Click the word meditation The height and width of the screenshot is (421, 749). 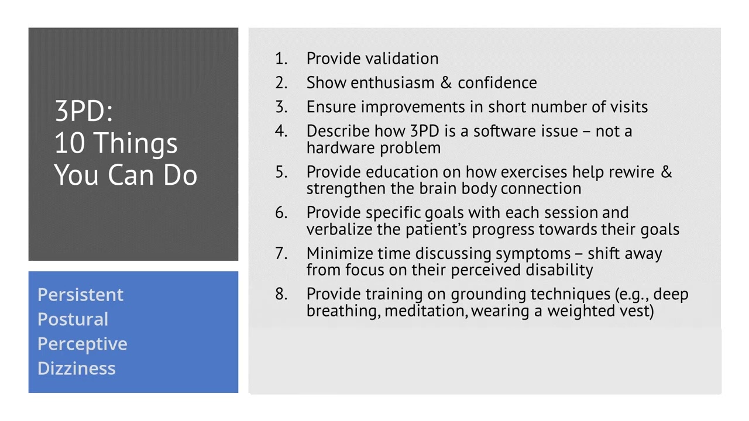pyautogui.click(x=426, y=310)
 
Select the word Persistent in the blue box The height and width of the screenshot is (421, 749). pyautogui.click(x=80, y=295)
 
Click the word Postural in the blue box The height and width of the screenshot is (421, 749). pyautogui.click(x=73, y=319)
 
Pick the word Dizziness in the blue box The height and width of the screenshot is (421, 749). pyautogui.click(x=76, y=368)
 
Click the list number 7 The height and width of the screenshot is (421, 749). pyautogui.click(x=281, y=254)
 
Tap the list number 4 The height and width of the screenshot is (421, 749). pyautogui.click(x=281, y=131)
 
